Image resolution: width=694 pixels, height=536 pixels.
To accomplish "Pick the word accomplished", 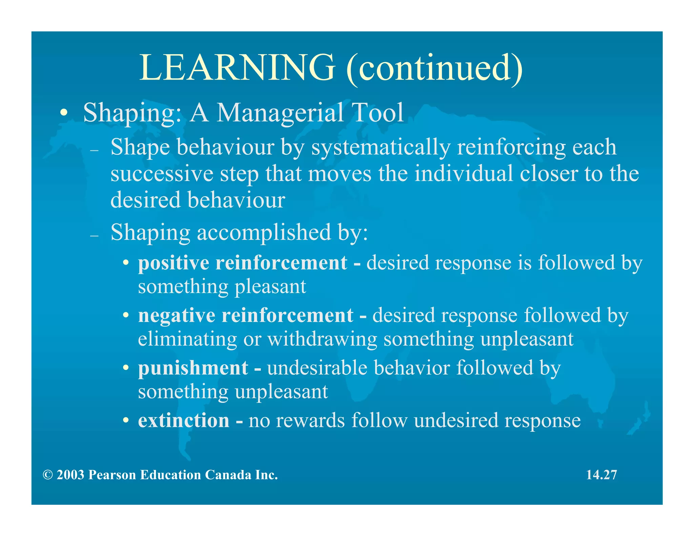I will coord(264,233).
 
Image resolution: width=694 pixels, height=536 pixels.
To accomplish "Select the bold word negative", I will coord(177,315).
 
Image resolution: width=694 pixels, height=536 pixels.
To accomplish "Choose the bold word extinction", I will coord(184,421).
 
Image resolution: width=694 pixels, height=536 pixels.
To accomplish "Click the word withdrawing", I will coord(322,339).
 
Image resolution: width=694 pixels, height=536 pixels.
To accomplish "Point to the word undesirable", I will coord(317,368).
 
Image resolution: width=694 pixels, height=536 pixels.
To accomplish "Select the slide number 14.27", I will coord(601,475).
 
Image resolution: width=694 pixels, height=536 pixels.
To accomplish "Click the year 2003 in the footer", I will coord(70,475).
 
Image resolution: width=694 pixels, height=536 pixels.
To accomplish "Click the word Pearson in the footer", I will coord(112,475).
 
